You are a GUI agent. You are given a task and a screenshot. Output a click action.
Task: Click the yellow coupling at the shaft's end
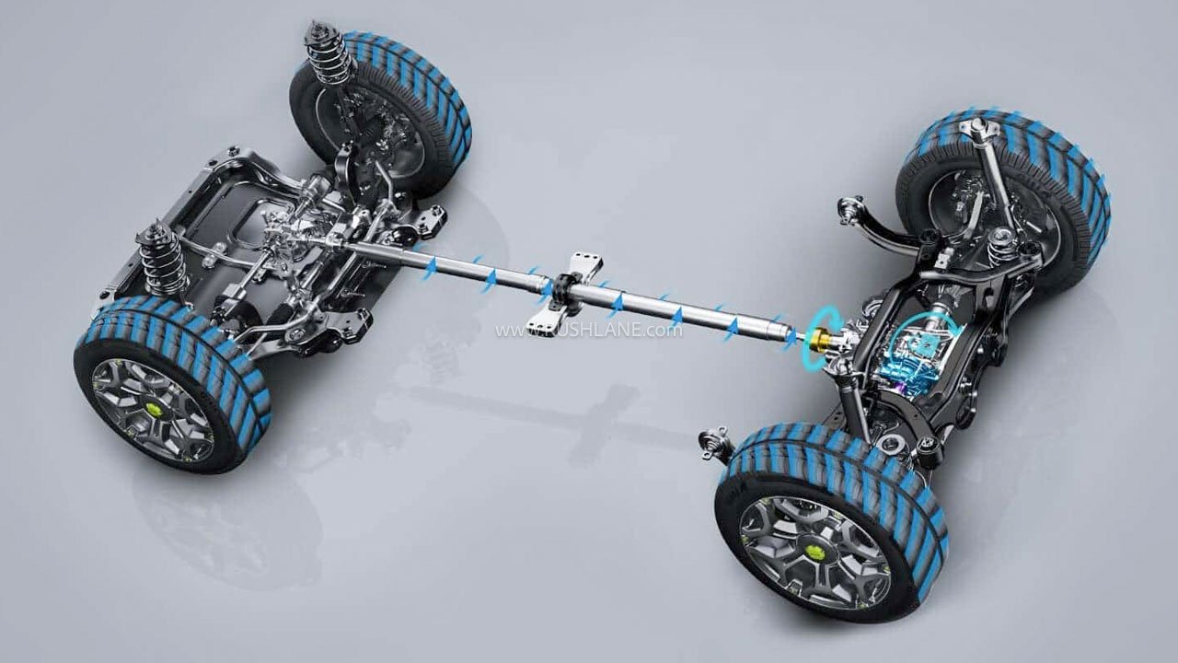[815, 341]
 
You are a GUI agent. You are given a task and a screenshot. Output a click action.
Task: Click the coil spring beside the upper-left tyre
[329, 54]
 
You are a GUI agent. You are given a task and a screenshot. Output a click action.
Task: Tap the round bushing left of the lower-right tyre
[716, 445]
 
